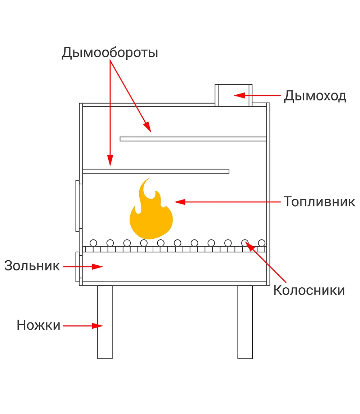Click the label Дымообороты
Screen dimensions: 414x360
(x=110, y=53)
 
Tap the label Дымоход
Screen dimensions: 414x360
(x=315, y=96)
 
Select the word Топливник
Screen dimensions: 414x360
(x=319, y=202)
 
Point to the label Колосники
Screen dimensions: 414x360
(x=309, y=290)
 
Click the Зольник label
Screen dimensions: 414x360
(x=32, y=266)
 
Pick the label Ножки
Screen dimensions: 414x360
(x=39, y=325)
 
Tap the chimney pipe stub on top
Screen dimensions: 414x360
(x=233, y=95)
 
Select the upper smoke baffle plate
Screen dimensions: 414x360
(x=193, y=139)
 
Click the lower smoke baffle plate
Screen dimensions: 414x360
(x=156, y=171)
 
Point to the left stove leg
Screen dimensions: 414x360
(x=105, y=322)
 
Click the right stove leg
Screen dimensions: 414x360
(x=245, y=322)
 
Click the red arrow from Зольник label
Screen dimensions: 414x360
(x=83, y=267)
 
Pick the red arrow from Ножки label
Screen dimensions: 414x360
(x=83, y=326)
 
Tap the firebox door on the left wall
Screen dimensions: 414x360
(x=77, y=206)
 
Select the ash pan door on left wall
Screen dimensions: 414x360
(x=77, y=267)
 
